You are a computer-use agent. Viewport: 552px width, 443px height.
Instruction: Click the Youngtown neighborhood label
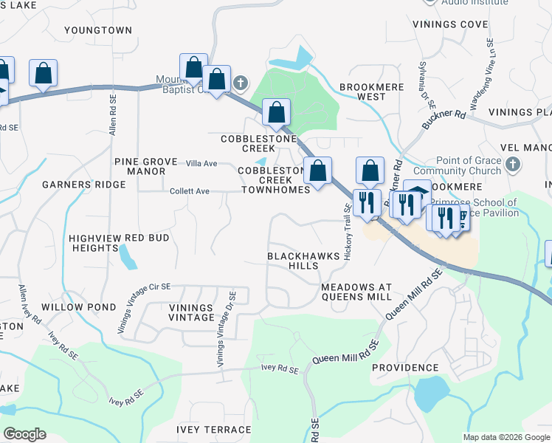97,30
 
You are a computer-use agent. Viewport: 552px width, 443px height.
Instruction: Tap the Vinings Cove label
451,24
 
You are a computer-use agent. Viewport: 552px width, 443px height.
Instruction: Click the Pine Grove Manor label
140,166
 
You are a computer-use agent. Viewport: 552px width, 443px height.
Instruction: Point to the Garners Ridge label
74,184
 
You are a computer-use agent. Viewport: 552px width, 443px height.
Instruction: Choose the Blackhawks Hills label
303,261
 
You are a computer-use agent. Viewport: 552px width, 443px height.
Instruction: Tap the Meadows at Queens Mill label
356,291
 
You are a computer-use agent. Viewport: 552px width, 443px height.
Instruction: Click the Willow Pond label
78,306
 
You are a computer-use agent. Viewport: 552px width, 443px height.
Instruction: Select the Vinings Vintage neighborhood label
181,312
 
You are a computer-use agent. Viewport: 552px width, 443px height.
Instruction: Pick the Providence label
404,367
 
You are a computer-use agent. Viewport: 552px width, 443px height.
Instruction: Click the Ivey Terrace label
214,429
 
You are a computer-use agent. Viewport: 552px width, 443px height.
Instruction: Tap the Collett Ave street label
190,191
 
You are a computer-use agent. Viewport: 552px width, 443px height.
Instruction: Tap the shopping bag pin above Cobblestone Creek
276,112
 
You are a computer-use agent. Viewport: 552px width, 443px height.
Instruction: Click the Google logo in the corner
24,434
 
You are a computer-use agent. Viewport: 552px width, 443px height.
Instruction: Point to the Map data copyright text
506,437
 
